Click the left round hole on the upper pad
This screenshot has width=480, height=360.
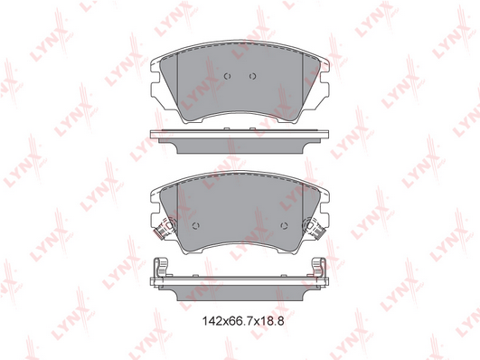(227, 76)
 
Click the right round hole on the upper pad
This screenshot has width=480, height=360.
(252, 76)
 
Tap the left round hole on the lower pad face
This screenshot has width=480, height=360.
(196, 226)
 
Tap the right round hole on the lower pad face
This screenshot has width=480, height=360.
(284, 226)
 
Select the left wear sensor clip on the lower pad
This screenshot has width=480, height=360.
(165, 227)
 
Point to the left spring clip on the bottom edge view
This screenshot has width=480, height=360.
(160, 267)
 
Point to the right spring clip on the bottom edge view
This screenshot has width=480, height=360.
(319, 267)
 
